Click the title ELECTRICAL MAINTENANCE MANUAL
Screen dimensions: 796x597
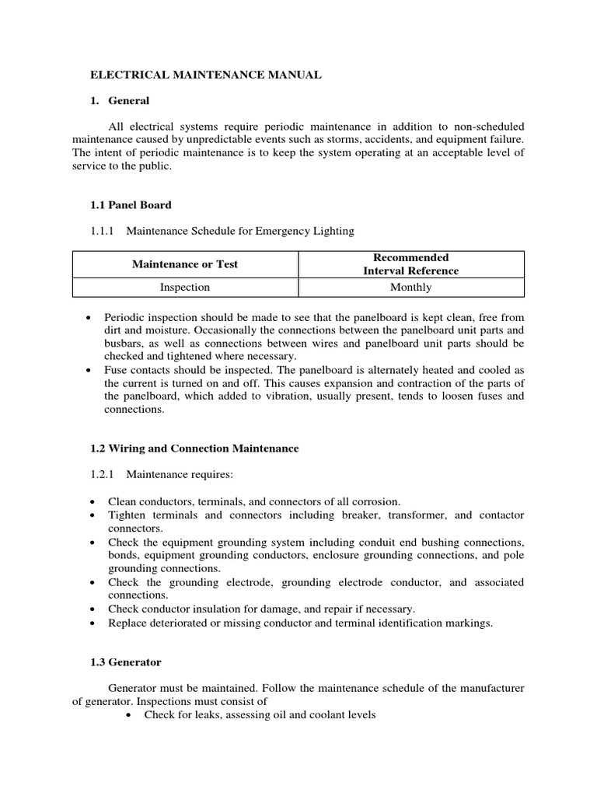click(x=206, y=75)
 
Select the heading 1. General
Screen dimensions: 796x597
click(x=120, y=100)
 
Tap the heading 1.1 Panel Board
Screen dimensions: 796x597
click(x=131, y=204)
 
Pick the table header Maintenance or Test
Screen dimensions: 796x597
click(x=185, y=264)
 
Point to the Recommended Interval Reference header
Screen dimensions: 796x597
click(x=411, y=264)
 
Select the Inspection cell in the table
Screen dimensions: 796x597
click(x=185, y=287)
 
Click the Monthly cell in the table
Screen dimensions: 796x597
click(x=411, y=287)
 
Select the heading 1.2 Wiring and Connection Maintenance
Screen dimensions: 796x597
click(x=195, y=449)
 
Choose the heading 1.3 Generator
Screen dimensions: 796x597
click(x=127, y=662)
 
